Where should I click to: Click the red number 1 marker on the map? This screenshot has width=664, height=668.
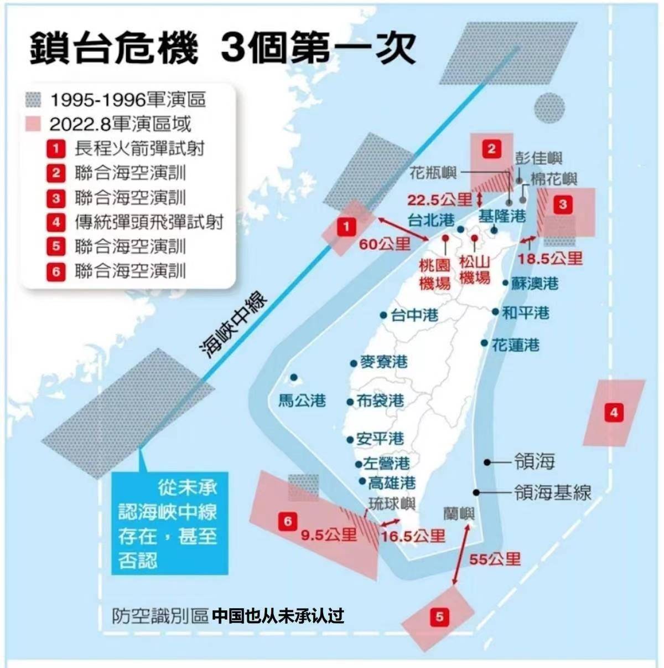[x=346, y=226]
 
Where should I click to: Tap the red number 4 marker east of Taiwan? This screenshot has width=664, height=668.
[x=614, y=412]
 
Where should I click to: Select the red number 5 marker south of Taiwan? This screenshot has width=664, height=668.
[x=439, y=616]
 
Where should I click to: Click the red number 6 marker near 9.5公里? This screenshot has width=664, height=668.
[x=288, y=521]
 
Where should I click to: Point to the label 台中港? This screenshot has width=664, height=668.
[x=414, y=315]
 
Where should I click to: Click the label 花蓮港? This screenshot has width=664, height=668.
[x=515, y=345]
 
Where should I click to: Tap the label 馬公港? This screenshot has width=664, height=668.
[x=302, y=400]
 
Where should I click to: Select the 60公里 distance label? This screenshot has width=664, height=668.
[x=385, y=244]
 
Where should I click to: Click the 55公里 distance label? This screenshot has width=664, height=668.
[x=495, y=559]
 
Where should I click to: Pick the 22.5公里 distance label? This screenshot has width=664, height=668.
[x=440, y=200]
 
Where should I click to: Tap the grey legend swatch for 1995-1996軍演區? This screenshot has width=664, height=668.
[x=33, y=100]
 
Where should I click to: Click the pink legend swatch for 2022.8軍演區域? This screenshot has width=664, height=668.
[x=33, y=124]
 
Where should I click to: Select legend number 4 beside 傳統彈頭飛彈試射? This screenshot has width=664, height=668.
[x=56, y=222]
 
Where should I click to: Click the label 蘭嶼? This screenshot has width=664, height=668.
[x=459, y=513]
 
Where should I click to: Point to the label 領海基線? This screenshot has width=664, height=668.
[x=553, y=492]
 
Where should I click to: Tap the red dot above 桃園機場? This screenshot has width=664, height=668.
[x=445, y=238]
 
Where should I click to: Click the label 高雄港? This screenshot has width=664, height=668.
[x=392, y=483]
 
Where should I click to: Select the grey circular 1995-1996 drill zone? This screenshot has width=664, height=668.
[x=550, y=107]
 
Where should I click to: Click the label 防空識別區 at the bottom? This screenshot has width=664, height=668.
[x=160, y=616]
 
